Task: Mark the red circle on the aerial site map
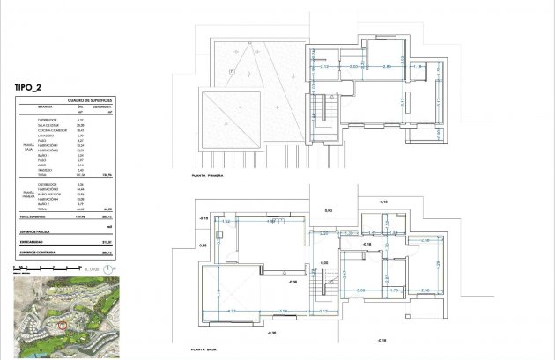click(x=63, y=326)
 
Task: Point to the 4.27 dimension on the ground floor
click(x=231, y=312)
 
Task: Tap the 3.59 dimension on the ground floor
click(x=282, y=312)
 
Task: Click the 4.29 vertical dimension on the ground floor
click(x=437, y=264)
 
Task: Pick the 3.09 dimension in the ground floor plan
click(x=360, y=290)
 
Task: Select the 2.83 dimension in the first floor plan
click(x=385, y=67)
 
